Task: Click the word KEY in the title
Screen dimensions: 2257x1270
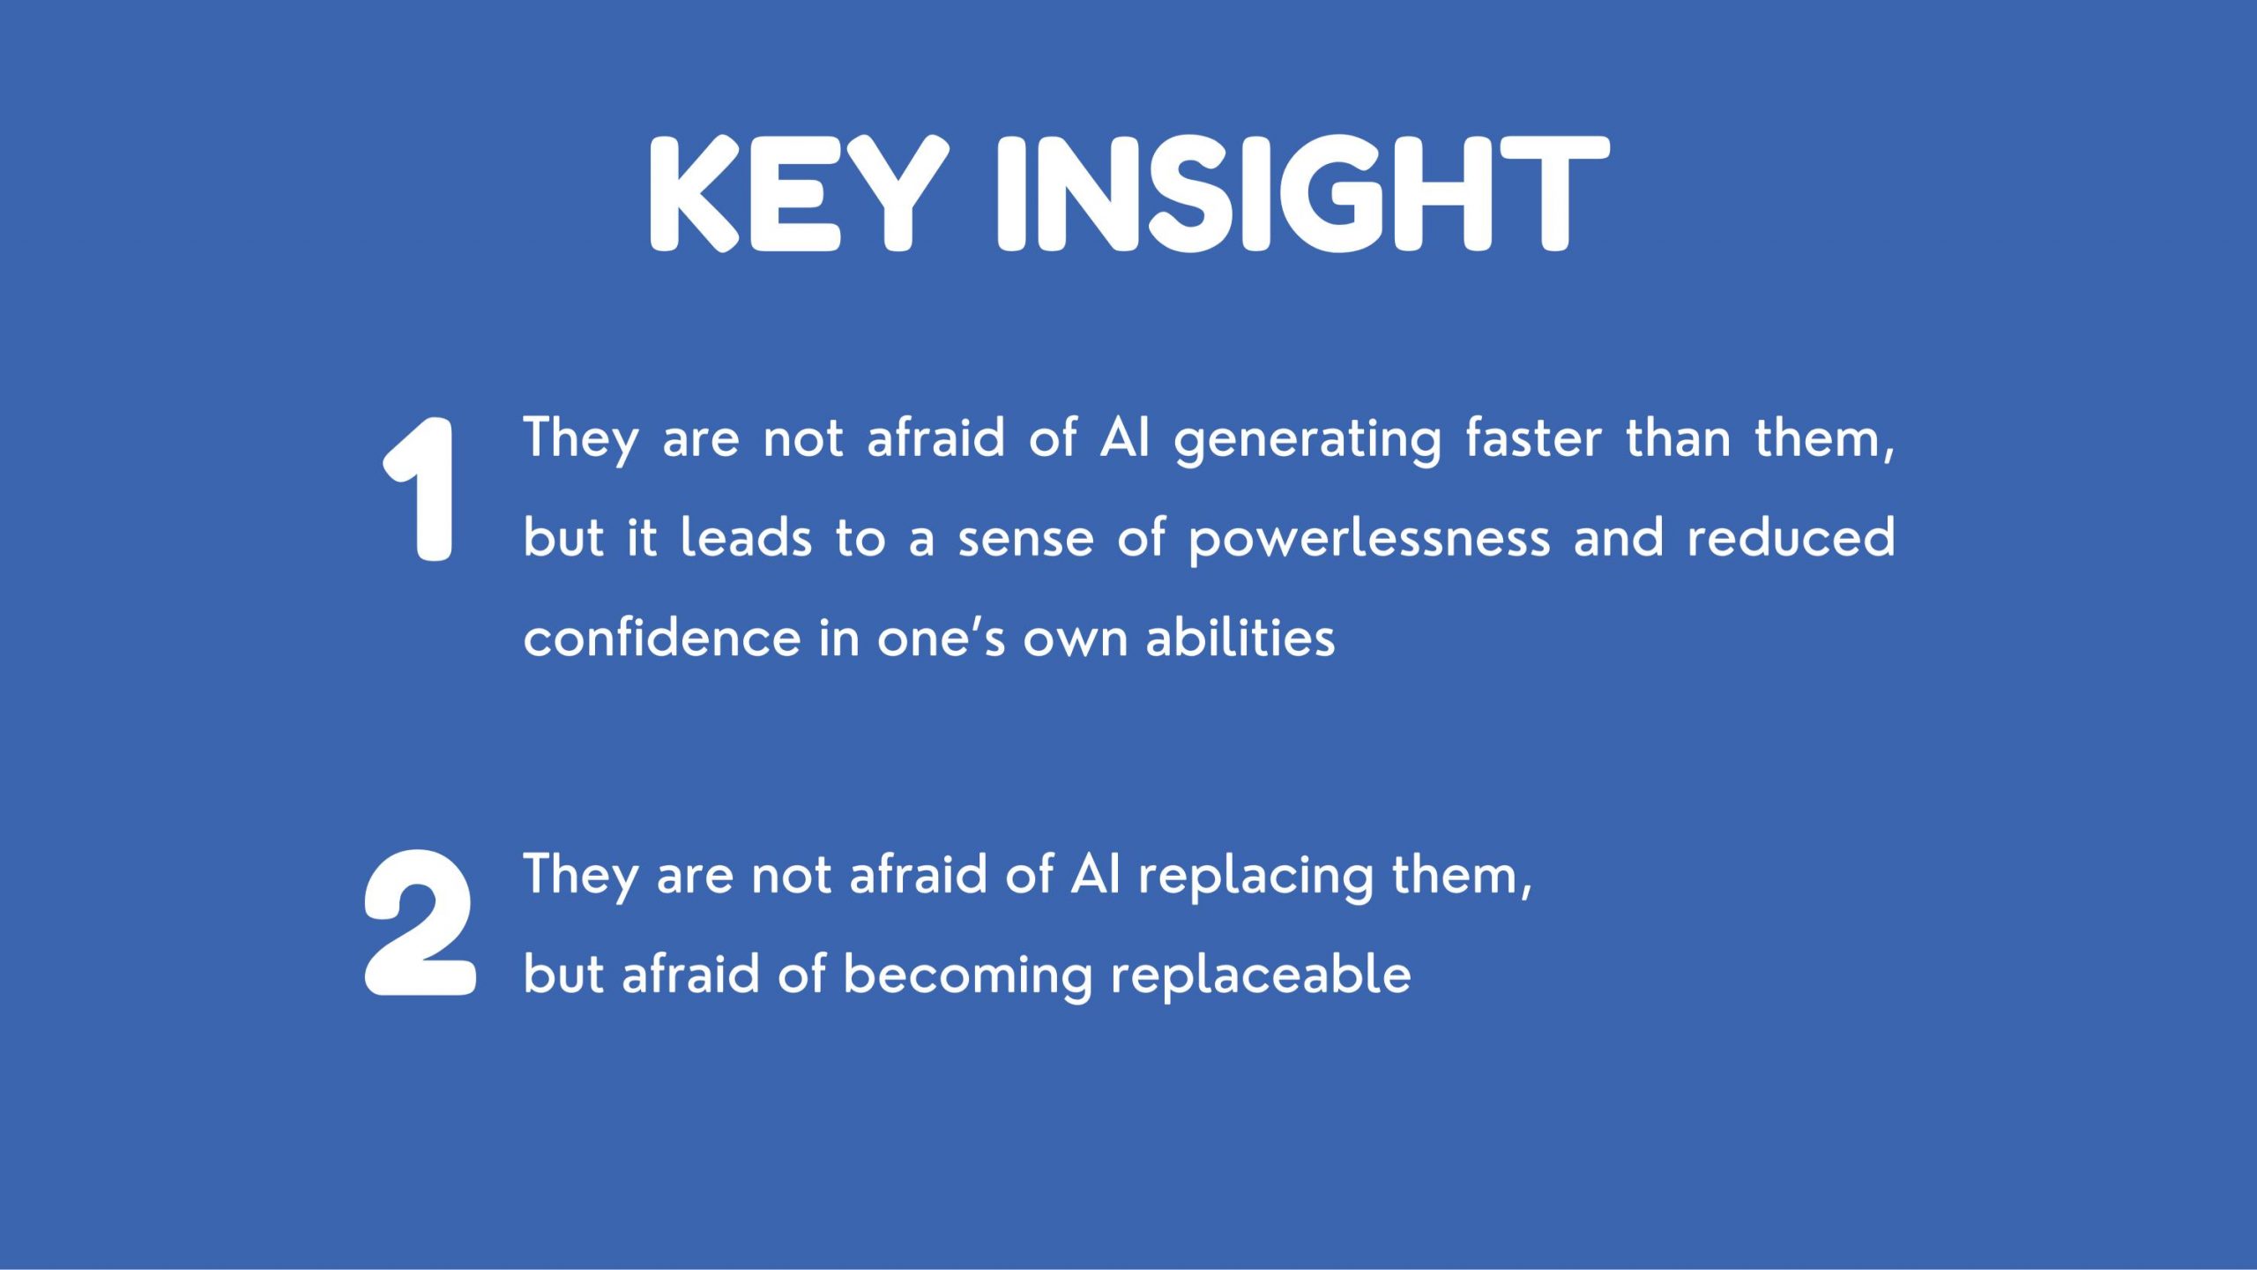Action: tap(799, 194)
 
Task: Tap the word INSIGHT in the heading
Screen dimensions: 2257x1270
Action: tap(1303, 194)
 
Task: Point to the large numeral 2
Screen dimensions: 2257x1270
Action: tap(420, 923)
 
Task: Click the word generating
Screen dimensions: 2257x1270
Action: tap(1307, 440)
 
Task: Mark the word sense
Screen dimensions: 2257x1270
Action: tap(1025, 540)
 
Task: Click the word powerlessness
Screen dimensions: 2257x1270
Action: tap(1369, 540)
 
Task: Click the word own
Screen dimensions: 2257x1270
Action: tap(1075, 641)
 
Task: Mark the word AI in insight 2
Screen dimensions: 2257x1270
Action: tap(1095, 875)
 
